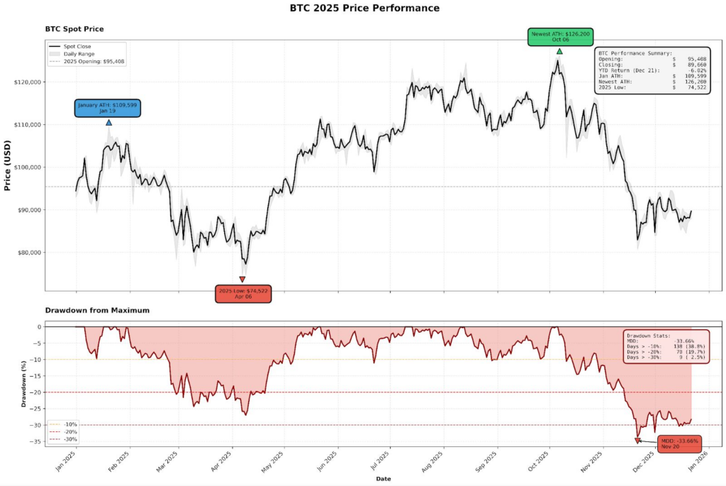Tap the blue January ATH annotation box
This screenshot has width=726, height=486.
[x=108, y=108]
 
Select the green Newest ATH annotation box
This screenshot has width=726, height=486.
[x=559, y=37]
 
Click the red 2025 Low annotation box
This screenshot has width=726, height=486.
[x=242, y=294]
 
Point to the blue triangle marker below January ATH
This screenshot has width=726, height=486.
[x=108, y=122]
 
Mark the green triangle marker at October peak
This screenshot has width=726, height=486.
[x=559, y=51]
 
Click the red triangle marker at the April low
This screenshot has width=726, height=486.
[x=242, y=279]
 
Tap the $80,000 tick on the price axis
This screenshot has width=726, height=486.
[x=28, y=253]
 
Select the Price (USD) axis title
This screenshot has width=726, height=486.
[x=8, y=166]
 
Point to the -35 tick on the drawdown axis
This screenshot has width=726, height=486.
[x=33, y=442]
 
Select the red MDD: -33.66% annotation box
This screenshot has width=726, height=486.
[x=679, y=444]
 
